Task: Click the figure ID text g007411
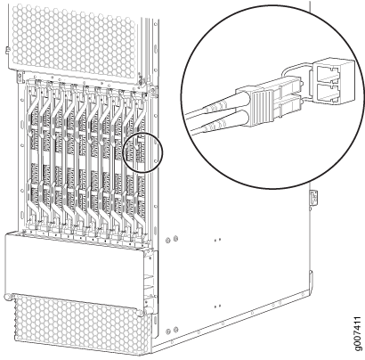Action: (358, 334)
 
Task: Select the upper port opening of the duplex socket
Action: (329, 74)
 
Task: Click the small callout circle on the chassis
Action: (142, 152)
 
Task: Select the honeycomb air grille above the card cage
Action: (74, 37)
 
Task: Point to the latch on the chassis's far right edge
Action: (314, 197)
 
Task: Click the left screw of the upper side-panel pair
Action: (168, 240)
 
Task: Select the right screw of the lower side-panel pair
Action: (175, 329)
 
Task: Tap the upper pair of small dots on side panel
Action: (217, 239)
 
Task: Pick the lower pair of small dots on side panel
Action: (217, 306)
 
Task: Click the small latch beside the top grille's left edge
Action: (7, 51)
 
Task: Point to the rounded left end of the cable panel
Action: (7, 297)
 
